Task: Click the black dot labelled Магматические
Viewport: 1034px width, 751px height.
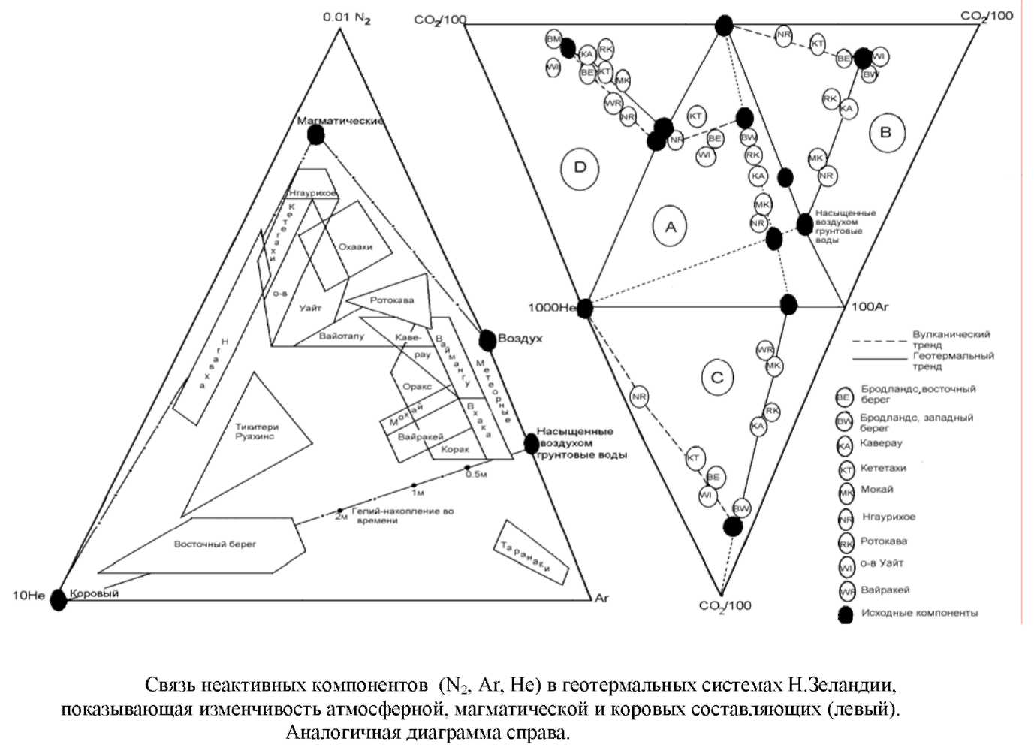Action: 316,134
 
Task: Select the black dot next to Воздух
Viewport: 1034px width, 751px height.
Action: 487,340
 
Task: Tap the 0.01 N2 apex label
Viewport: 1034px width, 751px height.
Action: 346,17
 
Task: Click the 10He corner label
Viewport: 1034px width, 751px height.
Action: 29,596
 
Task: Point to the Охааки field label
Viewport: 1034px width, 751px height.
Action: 355,246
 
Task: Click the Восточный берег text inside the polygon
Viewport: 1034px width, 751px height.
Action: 215,544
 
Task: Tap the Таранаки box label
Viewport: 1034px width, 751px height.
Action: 532,556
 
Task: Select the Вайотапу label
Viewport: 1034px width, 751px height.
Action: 341,336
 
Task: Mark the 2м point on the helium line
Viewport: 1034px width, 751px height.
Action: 339,510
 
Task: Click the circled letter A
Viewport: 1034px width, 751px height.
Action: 671,226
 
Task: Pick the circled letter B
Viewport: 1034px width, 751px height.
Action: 886,133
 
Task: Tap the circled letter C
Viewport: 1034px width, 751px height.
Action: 717,377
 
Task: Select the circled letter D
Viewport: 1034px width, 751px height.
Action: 580,167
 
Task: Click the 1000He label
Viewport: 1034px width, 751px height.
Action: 552,307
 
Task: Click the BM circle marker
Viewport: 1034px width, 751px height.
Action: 554,38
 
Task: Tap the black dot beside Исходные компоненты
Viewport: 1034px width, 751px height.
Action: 846,614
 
